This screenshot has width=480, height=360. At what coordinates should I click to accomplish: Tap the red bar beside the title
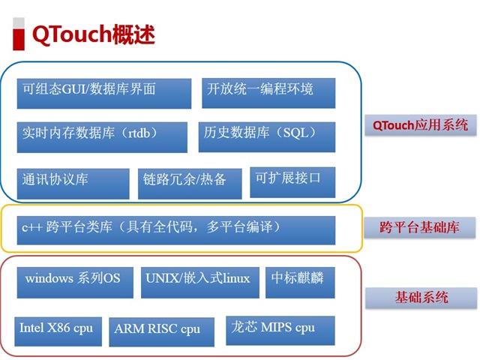point(19,33)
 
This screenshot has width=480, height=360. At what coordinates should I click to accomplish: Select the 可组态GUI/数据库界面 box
point(103,93)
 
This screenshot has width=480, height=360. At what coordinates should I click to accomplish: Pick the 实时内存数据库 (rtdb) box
point(101,136)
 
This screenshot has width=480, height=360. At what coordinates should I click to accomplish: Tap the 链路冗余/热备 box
point(190,183)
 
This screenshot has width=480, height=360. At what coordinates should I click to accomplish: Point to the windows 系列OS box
point(74,282)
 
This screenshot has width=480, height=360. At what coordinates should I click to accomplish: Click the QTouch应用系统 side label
point(420,124)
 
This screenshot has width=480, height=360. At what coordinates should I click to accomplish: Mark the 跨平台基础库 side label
point(419,226)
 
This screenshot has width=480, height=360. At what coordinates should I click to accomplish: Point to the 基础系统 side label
point(419,298)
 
